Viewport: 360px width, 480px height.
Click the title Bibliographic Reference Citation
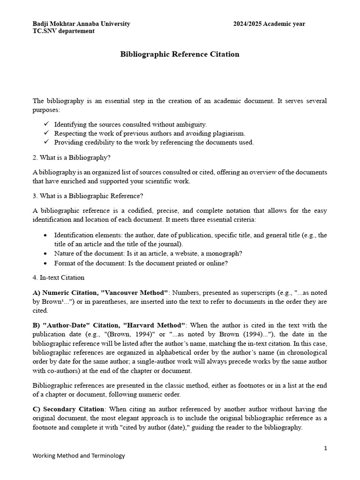[180, 54]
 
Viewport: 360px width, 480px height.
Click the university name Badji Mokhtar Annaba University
[81, 24]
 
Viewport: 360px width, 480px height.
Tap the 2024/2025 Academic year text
[269, 24]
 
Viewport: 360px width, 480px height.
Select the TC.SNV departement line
[63, 31]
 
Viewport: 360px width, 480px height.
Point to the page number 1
[325, 448]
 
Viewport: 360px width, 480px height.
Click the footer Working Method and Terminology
[78, 456]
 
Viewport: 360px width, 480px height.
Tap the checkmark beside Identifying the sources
[46, 124]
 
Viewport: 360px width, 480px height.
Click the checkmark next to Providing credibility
[46, 142]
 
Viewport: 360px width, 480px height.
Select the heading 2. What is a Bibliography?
[71, 157]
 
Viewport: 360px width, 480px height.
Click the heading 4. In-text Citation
[58, 277]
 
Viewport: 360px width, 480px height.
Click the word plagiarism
[229, 134]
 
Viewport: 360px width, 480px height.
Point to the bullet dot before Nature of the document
[45, 254]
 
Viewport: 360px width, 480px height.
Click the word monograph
[225, 254]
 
